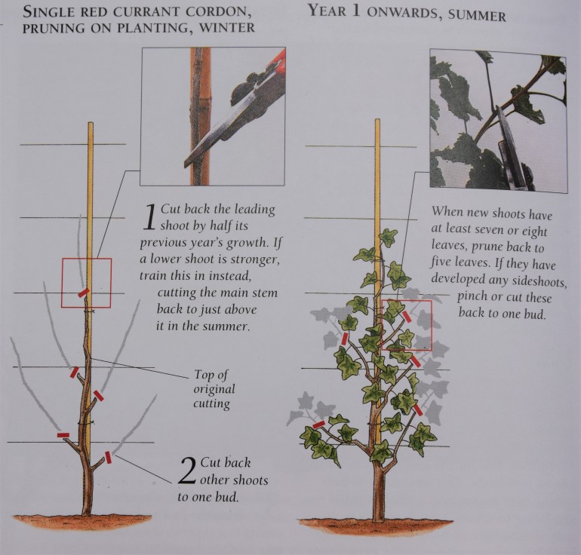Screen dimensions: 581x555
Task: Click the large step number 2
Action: pyautogui.click(x=187, y=471)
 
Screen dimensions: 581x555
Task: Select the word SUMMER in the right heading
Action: pyautogui.click(x=477, y=15)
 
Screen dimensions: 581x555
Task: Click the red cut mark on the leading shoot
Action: pyautogui.click(x=83, y=293)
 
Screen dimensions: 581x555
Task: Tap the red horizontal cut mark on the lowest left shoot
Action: pyautogui.click(x=63, y=435)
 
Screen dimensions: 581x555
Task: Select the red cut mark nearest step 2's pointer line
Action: pyautogui.click(x=108, y=458)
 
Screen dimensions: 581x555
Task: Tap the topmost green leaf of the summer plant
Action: pyautogui.click(x=389, y=237)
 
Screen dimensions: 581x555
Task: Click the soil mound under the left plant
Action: pyautogui.click(x=82, y=523)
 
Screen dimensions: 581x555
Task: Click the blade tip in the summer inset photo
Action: pyautogui.click(x=498, y=107)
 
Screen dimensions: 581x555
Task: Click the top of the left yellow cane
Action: pyautogui.click(x=90, y=124)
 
